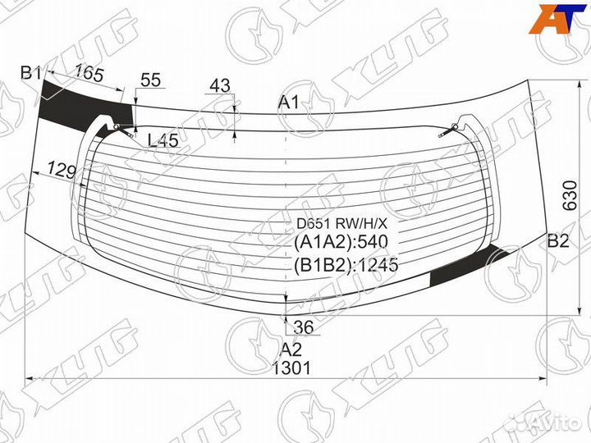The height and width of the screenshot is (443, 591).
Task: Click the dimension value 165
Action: click(89, 73)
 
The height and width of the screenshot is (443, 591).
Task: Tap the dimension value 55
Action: click(151, 80)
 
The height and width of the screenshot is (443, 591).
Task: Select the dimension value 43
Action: click(220, 85)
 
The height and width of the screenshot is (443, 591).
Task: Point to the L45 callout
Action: click(163, 140)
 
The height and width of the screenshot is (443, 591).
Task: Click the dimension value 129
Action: click(62, 171)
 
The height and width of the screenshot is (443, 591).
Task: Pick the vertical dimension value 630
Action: click(570, 195)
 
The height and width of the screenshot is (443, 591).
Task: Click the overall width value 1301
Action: click(291, 368)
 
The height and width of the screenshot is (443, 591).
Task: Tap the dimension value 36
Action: click(304, 327)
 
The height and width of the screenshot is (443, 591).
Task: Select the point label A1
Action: click(289, 102)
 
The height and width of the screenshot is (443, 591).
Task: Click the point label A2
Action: click(291, 350)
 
